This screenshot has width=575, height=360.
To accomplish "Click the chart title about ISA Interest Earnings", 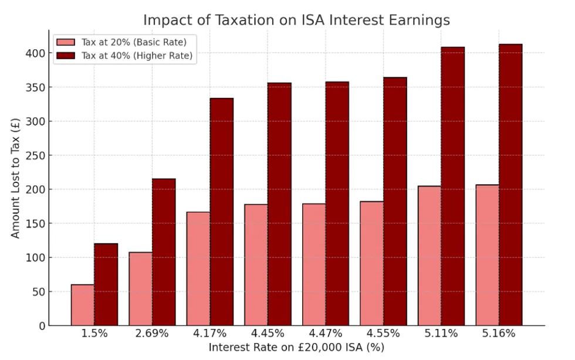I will (x=296, y=20).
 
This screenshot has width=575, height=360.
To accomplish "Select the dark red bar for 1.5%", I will (x=106, y=284).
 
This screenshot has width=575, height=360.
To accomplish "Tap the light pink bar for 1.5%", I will (x=83, y=305).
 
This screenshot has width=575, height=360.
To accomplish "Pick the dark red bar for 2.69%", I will (x=164, y=252).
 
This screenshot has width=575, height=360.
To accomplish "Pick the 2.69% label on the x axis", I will (x=152, y=334).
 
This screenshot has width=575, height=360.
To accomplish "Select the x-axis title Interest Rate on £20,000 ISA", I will (x=296, y=348).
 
